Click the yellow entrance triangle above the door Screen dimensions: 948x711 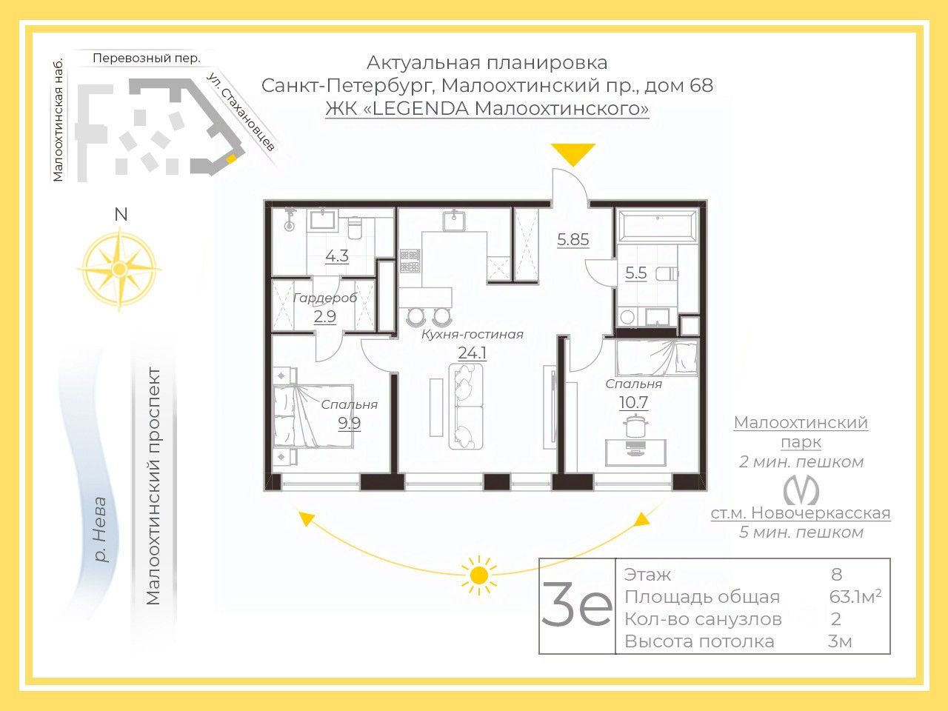[x=573, y=153]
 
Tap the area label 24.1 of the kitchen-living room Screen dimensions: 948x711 [x=472, y=353]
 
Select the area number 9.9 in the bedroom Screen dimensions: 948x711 [x=349, y=423]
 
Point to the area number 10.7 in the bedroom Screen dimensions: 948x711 [x=633, y=402]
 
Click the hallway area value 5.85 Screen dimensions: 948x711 [x=573, y=239]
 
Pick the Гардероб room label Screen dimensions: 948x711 [x=325, y=298]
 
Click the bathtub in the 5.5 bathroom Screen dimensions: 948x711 [x=658, y=225]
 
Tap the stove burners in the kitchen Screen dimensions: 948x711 [x=410, y=261]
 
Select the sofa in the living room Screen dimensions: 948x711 [x=466, y=407]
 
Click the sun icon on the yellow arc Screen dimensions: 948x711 [x=478, y=575]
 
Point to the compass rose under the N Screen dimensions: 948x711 [x=120, y=270]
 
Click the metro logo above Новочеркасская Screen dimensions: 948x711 [x=801, y=490]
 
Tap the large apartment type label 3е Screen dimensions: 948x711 [x=577, y=604]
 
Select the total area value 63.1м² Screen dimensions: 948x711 [x=855, y=597]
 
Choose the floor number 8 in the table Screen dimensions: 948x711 [x=837, y=575]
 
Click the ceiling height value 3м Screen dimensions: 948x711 [x=840, y=641]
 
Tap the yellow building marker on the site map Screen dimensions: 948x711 [x=232, y=158]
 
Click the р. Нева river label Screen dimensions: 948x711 [x=100, y=530]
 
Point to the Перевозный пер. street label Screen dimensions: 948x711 [x=147, y=59]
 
